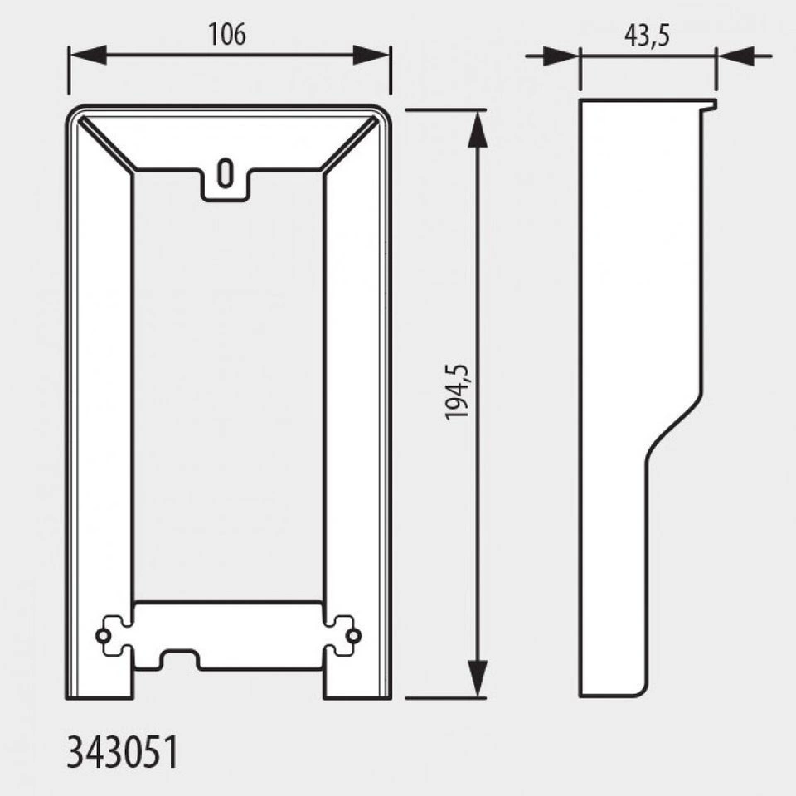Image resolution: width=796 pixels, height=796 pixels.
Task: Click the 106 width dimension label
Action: click(x=227, y=35)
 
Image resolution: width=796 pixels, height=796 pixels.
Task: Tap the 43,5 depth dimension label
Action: click(x=647, y=36)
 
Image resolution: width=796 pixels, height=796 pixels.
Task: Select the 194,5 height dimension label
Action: click(x=458, y=392)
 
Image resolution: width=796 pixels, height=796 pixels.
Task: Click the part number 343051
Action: click(x=123, y=752)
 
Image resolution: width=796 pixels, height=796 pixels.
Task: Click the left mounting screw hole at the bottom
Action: click(x=103, y=636)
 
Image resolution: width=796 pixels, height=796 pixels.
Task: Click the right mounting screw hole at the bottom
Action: click(x=353, y=636)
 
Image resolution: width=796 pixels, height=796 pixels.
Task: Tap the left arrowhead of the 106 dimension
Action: click(x=87, y=55)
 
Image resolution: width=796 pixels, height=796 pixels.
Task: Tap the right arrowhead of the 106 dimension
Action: click(x=371, y=55)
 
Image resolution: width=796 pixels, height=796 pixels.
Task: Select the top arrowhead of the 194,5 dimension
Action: click(x=478, y=129)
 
